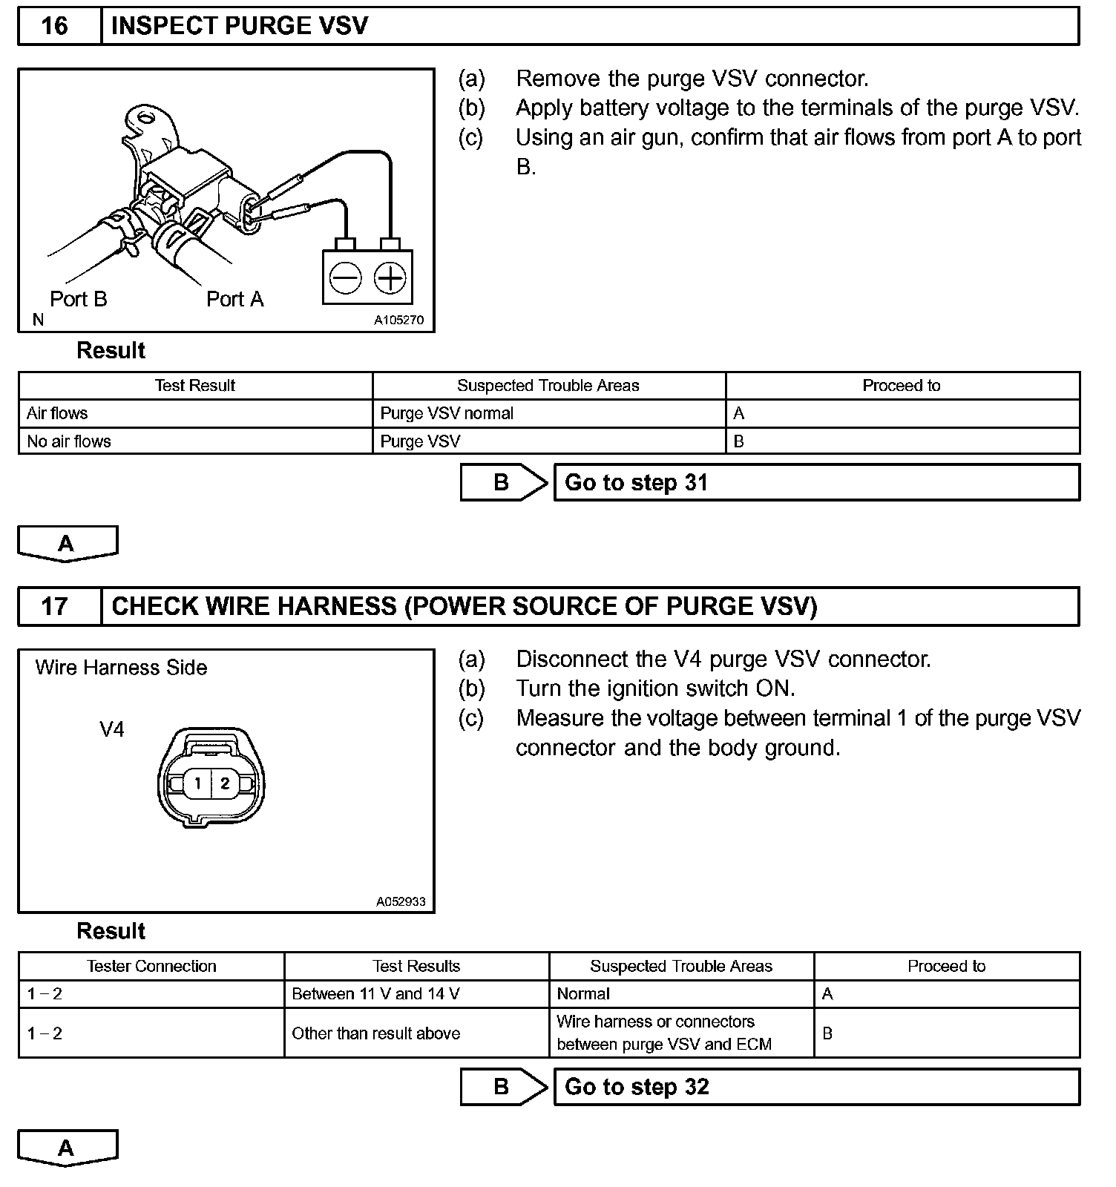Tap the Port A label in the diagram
click(x=234, y=299)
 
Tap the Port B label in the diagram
click(x=79, y=299)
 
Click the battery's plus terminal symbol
click(x=390, y=278)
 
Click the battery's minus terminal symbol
click(x=345, y=278)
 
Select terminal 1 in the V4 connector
click(x=197, y=783)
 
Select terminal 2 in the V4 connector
click(x=225, y=783)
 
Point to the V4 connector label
click(x=112, y=730)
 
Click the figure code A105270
click(x=398, y=320)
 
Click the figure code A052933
click(x=401, y=902)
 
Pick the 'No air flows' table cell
click(x=195, y=441)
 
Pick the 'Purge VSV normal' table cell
click(x=548, y=413)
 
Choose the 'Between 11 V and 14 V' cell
click(x=416, y=994)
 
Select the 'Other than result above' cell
click(x=416, y=1033)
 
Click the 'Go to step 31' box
click(x=816, y=483)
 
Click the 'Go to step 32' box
click(x=816, y=1088)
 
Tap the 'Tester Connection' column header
click(x=151, y=966)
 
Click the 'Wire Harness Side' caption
click(x=121, y=668)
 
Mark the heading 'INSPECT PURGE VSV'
click(x=240, y=27)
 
